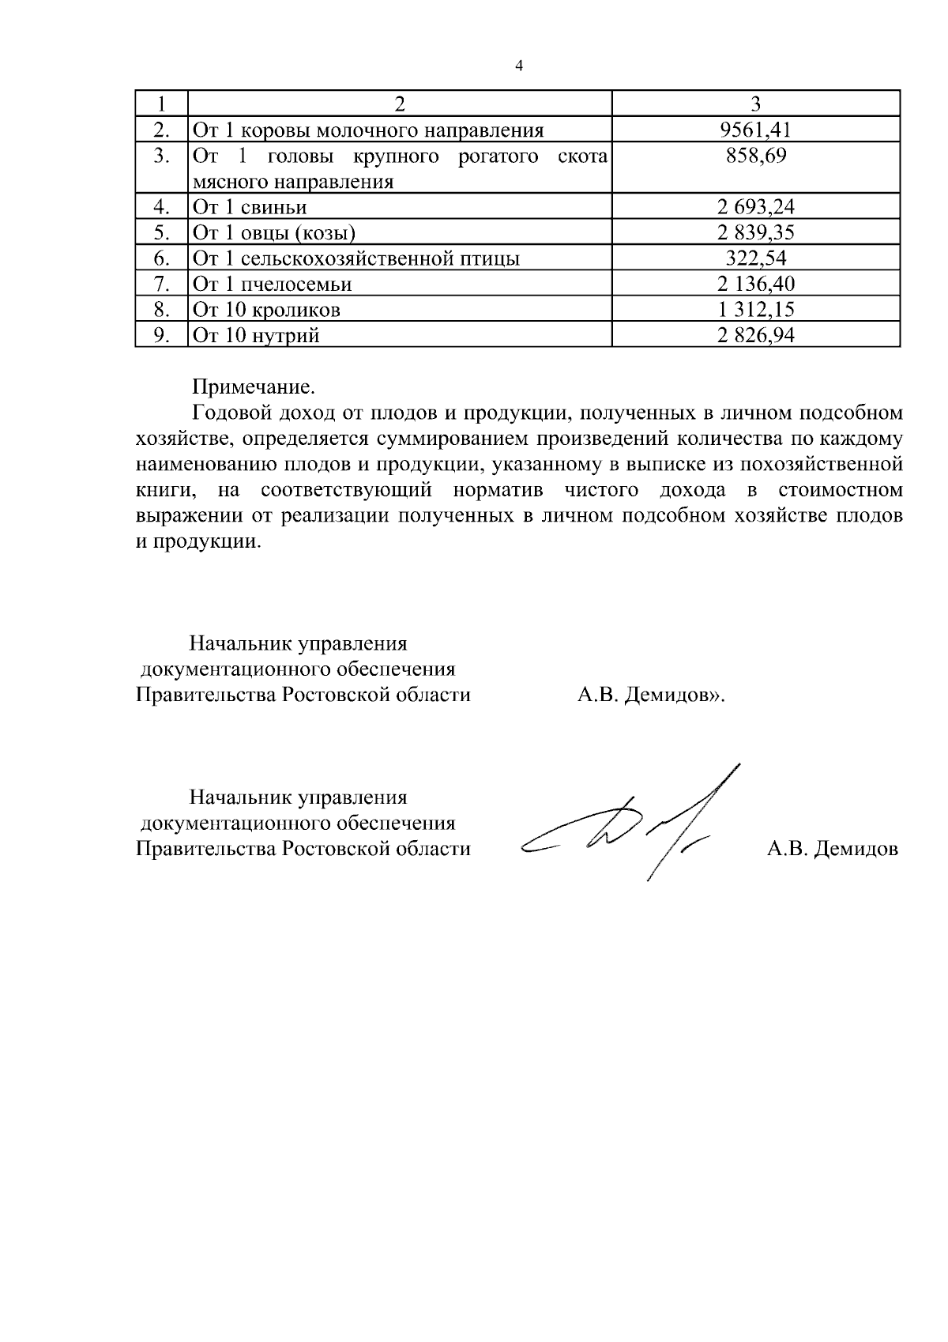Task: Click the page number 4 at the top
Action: pos(519,66)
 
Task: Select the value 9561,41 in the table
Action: pos(756,130)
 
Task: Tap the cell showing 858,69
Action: pos(756,156)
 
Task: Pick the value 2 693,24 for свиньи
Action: pos(756,207)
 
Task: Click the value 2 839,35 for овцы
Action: pos(756,232)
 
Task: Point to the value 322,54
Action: pos(756,258)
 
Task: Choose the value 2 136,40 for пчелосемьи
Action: pos(756,284)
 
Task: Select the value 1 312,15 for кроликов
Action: pos(756,309)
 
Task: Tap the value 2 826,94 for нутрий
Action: pos(756,335)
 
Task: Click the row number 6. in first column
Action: pos(162,258)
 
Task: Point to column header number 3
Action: pos(756,104)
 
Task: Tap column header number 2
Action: pos(400,104)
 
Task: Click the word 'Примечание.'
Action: pos(254,386)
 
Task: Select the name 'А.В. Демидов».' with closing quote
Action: pos(652,696)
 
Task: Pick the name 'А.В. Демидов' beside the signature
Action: pos(833,850)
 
